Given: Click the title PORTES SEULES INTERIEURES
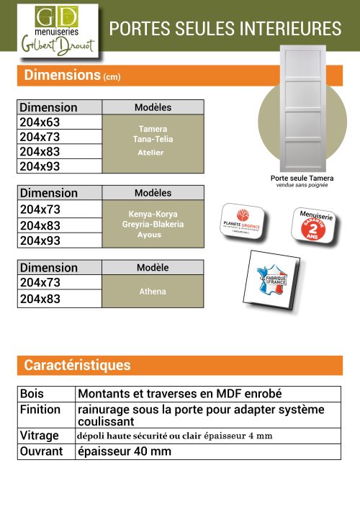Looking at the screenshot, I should (225, 29).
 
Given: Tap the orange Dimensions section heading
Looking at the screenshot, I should (72, 75).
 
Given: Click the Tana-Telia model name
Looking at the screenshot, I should (153, 139).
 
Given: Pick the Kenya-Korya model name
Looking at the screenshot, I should (153, 215).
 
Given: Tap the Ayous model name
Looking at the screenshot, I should (149, 235).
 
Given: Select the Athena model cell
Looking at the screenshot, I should (153, 292).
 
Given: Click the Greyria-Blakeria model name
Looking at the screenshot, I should (153, 225).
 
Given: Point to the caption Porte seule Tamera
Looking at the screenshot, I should (302, 178).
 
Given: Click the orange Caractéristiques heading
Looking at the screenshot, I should (78, 365).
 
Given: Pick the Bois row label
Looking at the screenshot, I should (32, 395).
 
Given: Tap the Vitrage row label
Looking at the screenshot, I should (40, 436).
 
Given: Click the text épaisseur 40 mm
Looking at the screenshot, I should (125, 451).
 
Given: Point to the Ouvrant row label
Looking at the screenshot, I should (42, 451).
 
